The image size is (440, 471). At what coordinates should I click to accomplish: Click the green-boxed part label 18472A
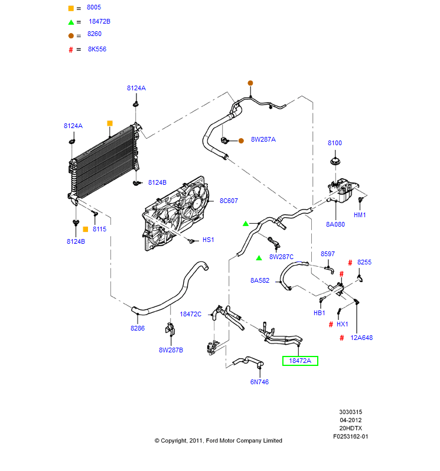(x=300, y=361)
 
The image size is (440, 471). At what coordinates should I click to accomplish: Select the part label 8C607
(x=229, y=201)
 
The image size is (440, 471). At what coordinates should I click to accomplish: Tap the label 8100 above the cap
(x=335, y=143)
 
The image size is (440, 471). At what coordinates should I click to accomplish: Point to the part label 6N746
(x=259, y=382)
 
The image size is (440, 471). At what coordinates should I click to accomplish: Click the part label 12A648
(x=361, y=338)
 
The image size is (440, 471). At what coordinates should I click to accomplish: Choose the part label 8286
(x=138, y=328)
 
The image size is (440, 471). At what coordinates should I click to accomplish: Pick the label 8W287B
(x=171, y=350)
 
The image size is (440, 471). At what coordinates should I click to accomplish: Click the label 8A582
(x=259, y=280)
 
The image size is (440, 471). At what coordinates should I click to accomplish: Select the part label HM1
(x=360, y=215)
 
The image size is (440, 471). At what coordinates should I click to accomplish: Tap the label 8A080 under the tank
(x=335, y=224)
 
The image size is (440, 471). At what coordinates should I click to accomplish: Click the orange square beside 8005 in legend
(x=71, y=8)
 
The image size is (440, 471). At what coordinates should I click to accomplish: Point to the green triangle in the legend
(x=71, y=22)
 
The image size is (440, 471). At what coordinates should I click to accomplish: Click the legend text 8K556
(x=97, y=50)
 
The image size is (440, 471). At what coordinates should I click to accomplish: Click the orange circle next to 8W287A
(x=241, y=140)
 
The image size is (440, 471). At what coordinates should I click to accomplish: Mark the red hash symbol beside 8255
(x=350, y=263)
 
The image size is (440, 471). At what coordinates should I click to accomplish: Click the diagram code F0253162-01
(x=350, y=436)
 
